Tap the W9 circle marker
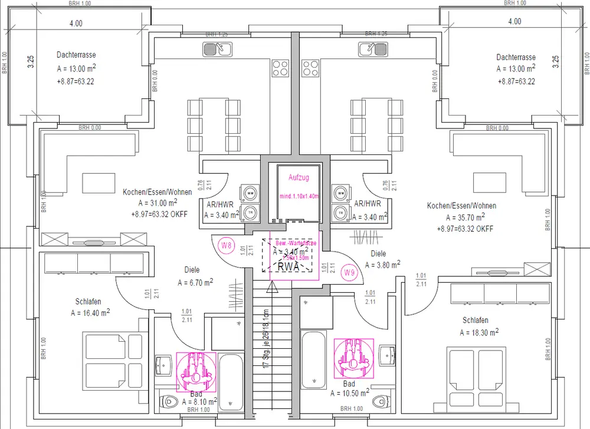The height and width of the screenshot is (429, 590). (x=349, y=272)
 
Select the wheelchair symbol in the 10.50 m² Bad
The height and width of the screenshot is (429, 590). (x=353, y=358)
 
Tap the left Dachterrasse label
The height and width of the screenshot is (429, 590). (x=77, y=55)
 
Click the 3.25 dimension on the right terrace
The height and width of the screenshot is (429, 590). (x=555, y=62)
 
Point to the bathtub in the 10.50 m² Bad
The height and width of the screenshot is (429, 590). (x=310, y=359)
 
